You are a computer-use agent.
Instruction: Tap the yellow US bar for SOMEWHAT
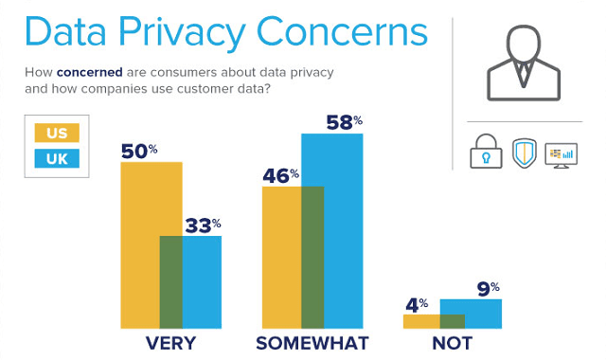coord(281,257)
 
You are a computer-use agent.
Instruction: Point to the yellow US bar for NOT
coord(421,320)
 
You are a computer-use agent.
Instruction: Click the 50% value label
coord(140,150)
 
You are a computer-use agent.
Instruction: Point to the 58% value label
coord(343,121)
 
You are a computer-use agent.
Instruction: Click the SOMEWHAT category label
coord(312,342)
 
